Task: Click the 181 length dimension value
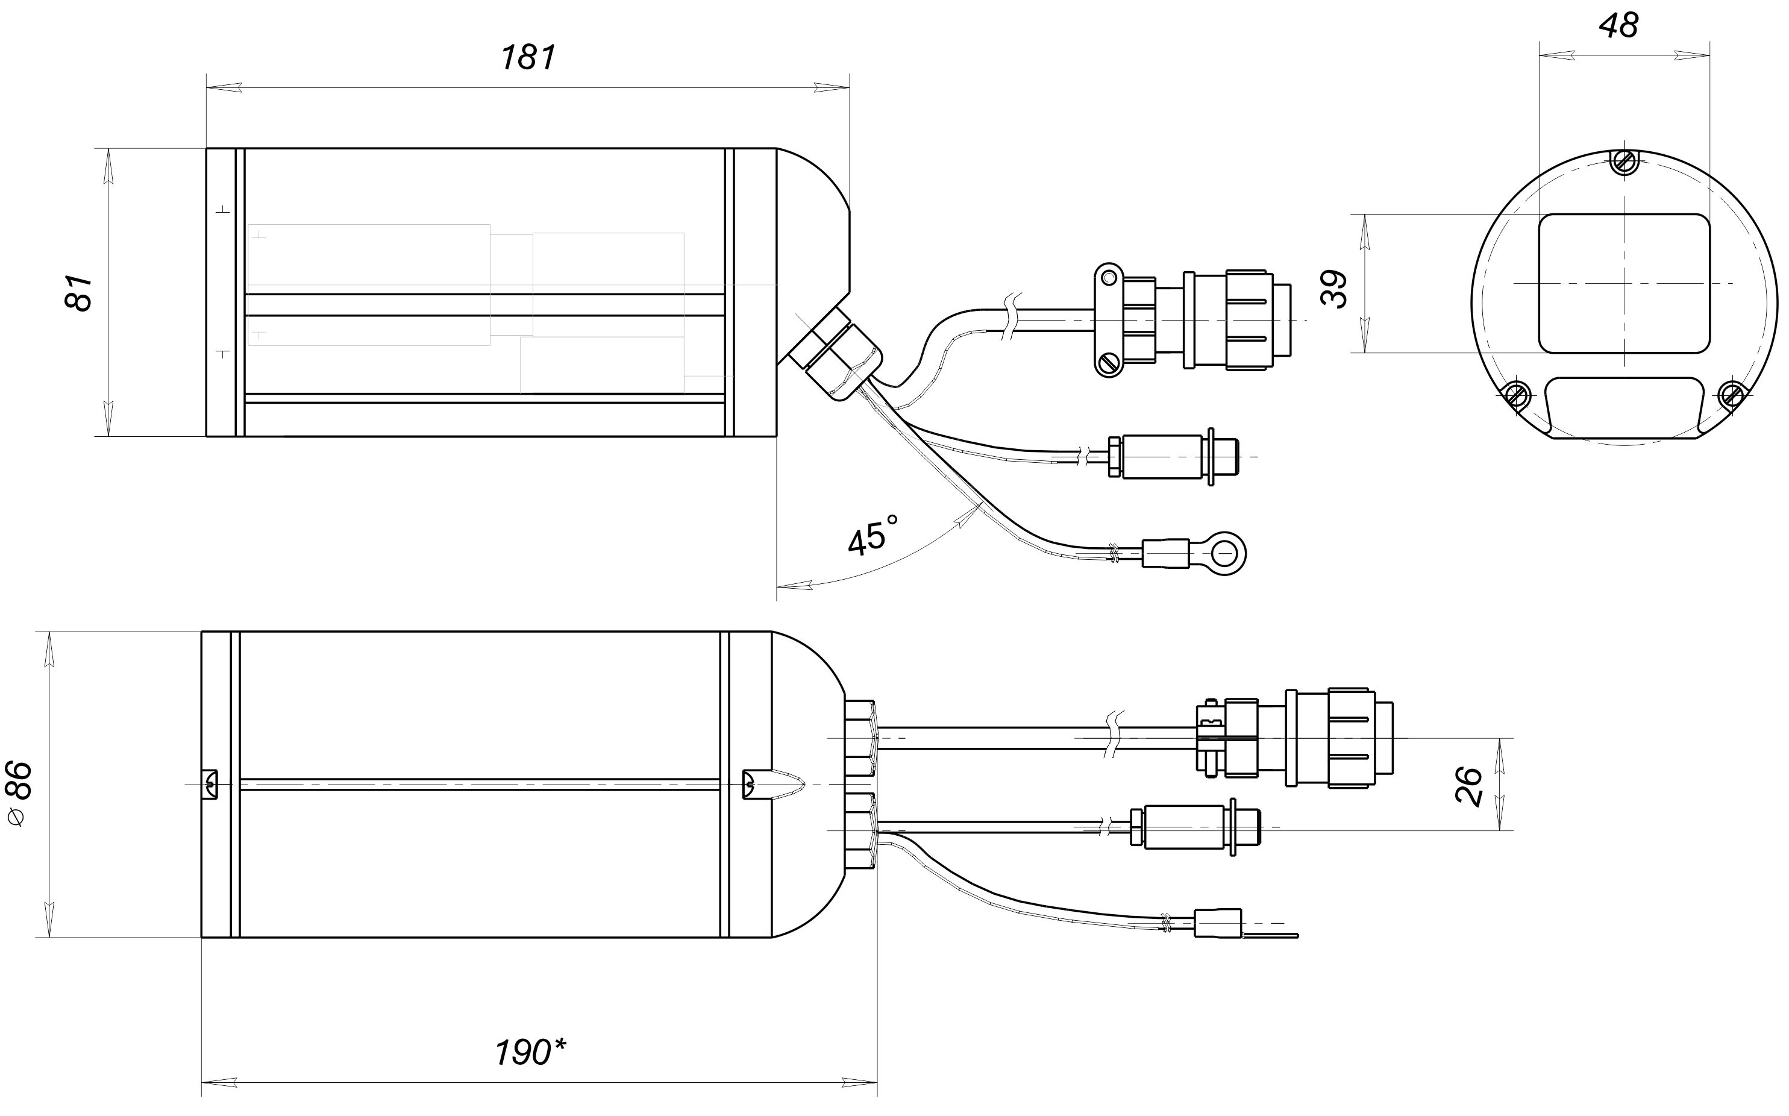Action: pyautogui.click(x=528, y=58)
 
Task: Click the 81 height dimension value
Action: pyautogui.click(x=80, y=293)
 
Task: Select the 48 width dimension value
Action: pyautogui.click(x=1618, y=26)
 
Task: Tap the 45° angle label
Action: pyautogui.click(x=874, y=534)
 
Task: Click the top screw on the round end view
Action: pyautogui.click(x=1624, y=161)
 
